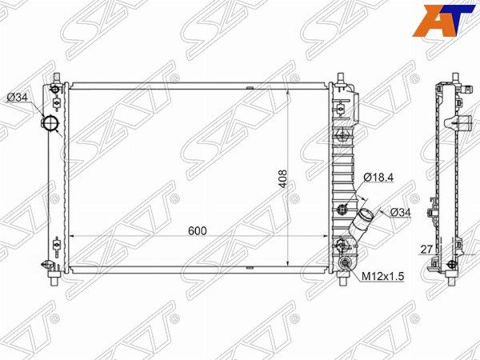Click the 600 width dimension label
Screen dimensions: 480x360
pyautogui.click(x=198, y=231)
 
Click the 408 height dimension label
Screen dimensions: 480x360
pyautogui.click(x=282, y=178)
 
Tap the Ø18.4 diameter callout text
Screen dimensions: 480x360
pyautogui.click(x=378, y=177)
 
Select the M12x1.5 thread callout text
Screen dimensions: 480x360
pyautogui.click(x=383, y=276)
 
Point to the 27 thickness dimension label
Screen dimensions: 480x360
pyautogui.click(x=426, y=250)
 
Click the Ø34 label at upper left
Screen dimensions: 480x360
pyautogui.click(x=18, y=98)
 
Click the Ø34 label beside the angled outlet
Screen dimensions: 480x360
pyautogui.click(x=401, y=212)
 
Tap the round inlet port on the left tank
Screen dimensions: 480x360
pyautogui.click(x=50, y=123)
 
